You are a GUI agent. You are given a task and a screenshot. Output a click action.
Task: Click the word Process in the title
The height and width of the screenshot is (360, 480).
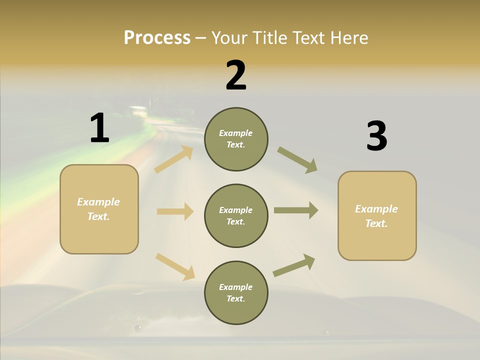(x=157, y=38)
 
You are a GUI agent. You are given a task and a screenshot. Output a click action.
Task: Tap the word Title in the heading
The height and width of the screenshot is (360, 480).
(x=268, y=38)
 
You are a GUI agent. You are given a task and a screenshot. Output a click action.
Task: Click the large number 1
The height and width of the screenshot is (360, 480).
(x=99, y=128)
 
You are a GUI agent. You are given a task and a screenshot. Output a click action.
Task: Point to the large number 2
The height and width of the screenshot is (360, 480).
(x=236, y=75)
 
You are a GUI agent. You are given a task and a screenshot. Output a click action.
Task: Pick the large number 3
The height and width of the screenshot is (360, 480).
(x=376, y=136)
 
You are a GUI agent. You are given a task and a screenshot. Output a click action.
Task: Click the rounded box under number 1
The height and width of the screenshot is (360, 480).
(x=99, y=209)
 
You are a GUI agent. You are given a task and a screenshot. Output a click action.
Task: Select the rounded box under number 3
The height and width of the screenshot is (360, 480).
(x=377, y=215)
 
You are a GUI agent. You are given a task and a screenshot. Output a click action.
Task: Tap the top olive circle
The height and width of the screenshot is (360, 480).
(x=236, y=139)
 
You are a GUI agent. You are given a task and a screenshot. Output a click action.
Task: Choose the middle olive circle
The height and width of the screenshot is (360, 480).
(x=236, y=215)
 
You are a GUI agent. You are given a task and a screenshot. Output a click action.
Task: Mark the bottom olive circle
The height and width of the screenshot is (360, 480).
(x=236, y=292)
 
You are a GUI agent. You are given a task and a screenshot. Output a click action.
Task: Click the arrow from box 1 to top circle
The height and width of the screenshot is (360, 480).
(x=174, y=159)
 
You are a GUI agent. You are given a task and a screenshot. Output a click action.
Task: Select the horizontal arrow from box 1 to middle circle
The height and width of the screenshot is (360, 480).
(x=175, y=211)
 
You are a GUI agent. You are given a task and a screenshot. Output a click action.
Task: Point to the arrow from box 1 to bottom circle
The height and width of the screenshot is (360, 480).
(x=175, y=266)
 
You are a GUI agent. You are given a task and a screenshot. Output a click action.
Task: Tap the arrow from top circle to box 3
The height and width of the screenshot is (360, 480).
(x=297, y=159)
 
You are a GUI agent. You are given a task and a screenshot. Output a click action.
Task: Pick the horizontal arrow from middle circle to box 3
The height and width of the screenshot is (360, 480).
(x=296, y=210)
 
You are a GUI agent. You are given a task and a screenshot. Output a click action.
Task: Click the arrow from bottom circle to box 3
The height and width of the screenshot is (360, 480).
(x=294, y=265)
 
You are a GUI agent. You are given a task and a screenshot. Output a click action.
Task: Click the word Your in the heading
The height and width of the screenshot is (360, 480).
(x=229, y=38)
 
